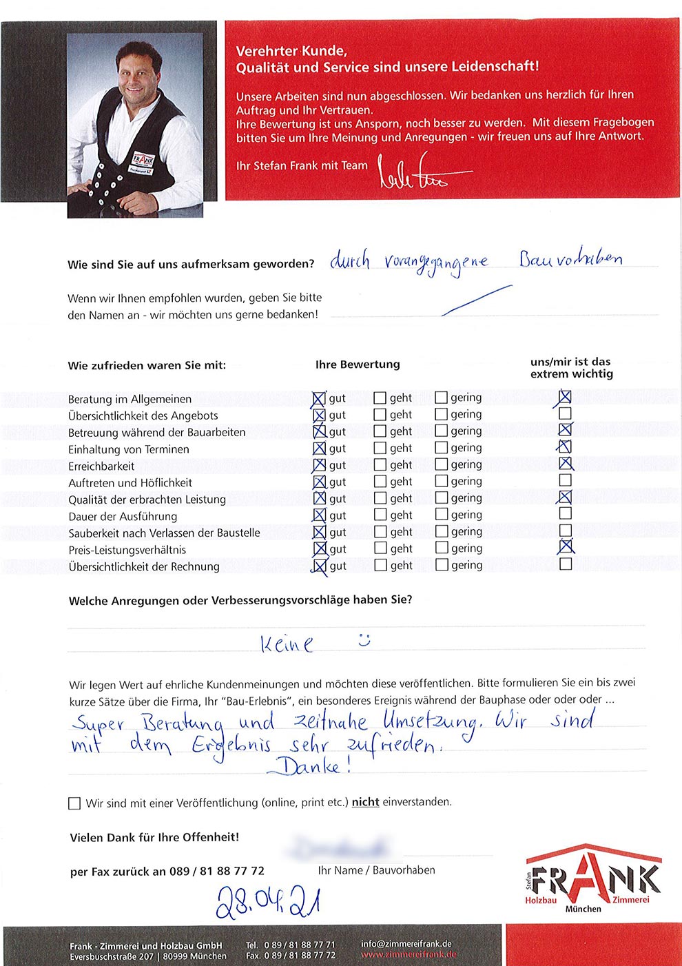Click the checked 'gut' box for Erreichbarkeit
[x=319, y=466]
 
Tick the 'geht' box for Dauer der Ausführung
[x=380, y=515]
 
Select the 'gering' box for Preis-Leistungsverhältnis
[x=442, y=548]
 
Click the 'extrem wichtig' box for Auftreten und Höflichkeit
[x=565, y=480]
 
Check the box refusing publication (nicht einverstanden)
[x=74, y=803]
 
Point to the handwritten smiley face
[x=364, y=639]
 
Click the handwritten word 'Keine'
[x=287, y=644]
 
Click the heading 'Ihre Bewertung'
[x=358, y=364]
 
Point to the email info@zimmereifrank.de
[x=406, y=944]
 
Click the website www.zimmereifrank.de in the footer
[x=408, y=955]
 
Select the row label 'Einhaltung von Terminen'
[x=128, y=449]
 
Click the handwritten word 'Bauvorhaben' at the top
[x=571, y=259]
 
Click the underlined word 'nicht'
[x=365, y=802]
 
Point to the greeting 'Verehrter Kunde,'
[x=291, y=51]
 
